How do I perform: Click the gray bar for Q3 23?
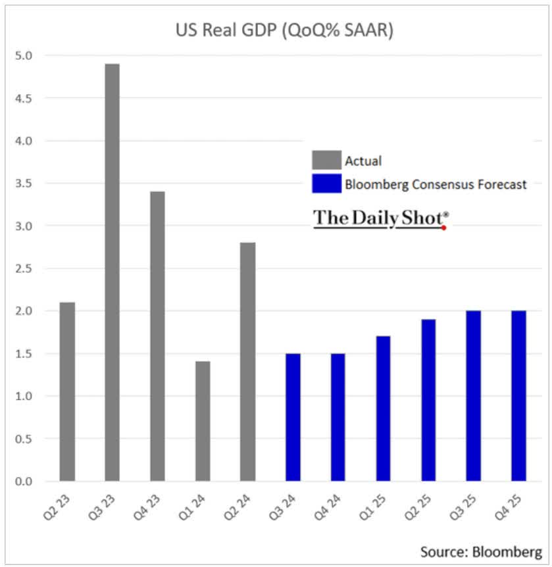pyautogui.click(x=112, y=272)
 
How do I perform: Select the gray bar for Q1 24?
pyautogui.click(x=203, y=421)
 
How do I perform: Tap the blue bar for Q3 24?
pyautogui.click(x=293, y=417)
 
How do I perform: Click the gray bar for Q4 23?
pyautogui.click(x=157, y=336)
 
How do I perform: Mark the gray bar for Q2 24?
pyautogui.click(x=247, y=362)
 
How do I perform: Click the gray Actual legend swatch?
pyautogui.click(x=326, y=160)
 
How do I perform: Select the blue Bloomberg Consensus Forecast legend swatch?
pyautogui.click(x=326, y=184)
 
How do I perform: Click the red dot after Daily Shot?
pyautogui.click(x=445, y=228)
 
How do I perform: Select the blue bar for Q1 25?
pyautogui.click(x=383, y=408)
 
